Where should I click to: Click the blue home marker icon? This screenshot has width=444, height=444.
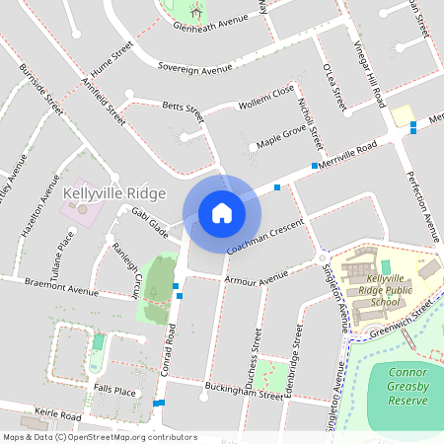point(222,212)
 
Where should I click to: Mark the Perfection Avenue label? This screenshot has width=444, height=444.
point(423,206)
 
